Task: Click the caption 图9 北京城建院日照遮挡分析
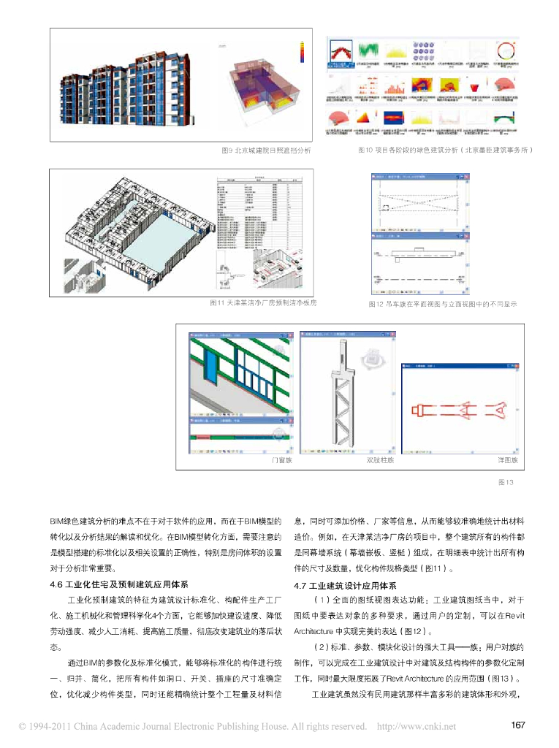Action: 266,150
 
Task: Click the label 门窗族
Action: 281,460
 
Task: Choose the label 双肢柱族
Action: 380,460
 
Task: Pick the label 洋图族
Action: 507,460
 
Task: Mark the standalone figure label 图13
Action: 506,482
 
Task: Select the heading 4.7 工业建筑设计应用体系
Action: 345,585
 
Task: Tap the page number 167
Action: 518,725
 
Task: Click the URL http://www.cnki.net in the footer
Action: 416,726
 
